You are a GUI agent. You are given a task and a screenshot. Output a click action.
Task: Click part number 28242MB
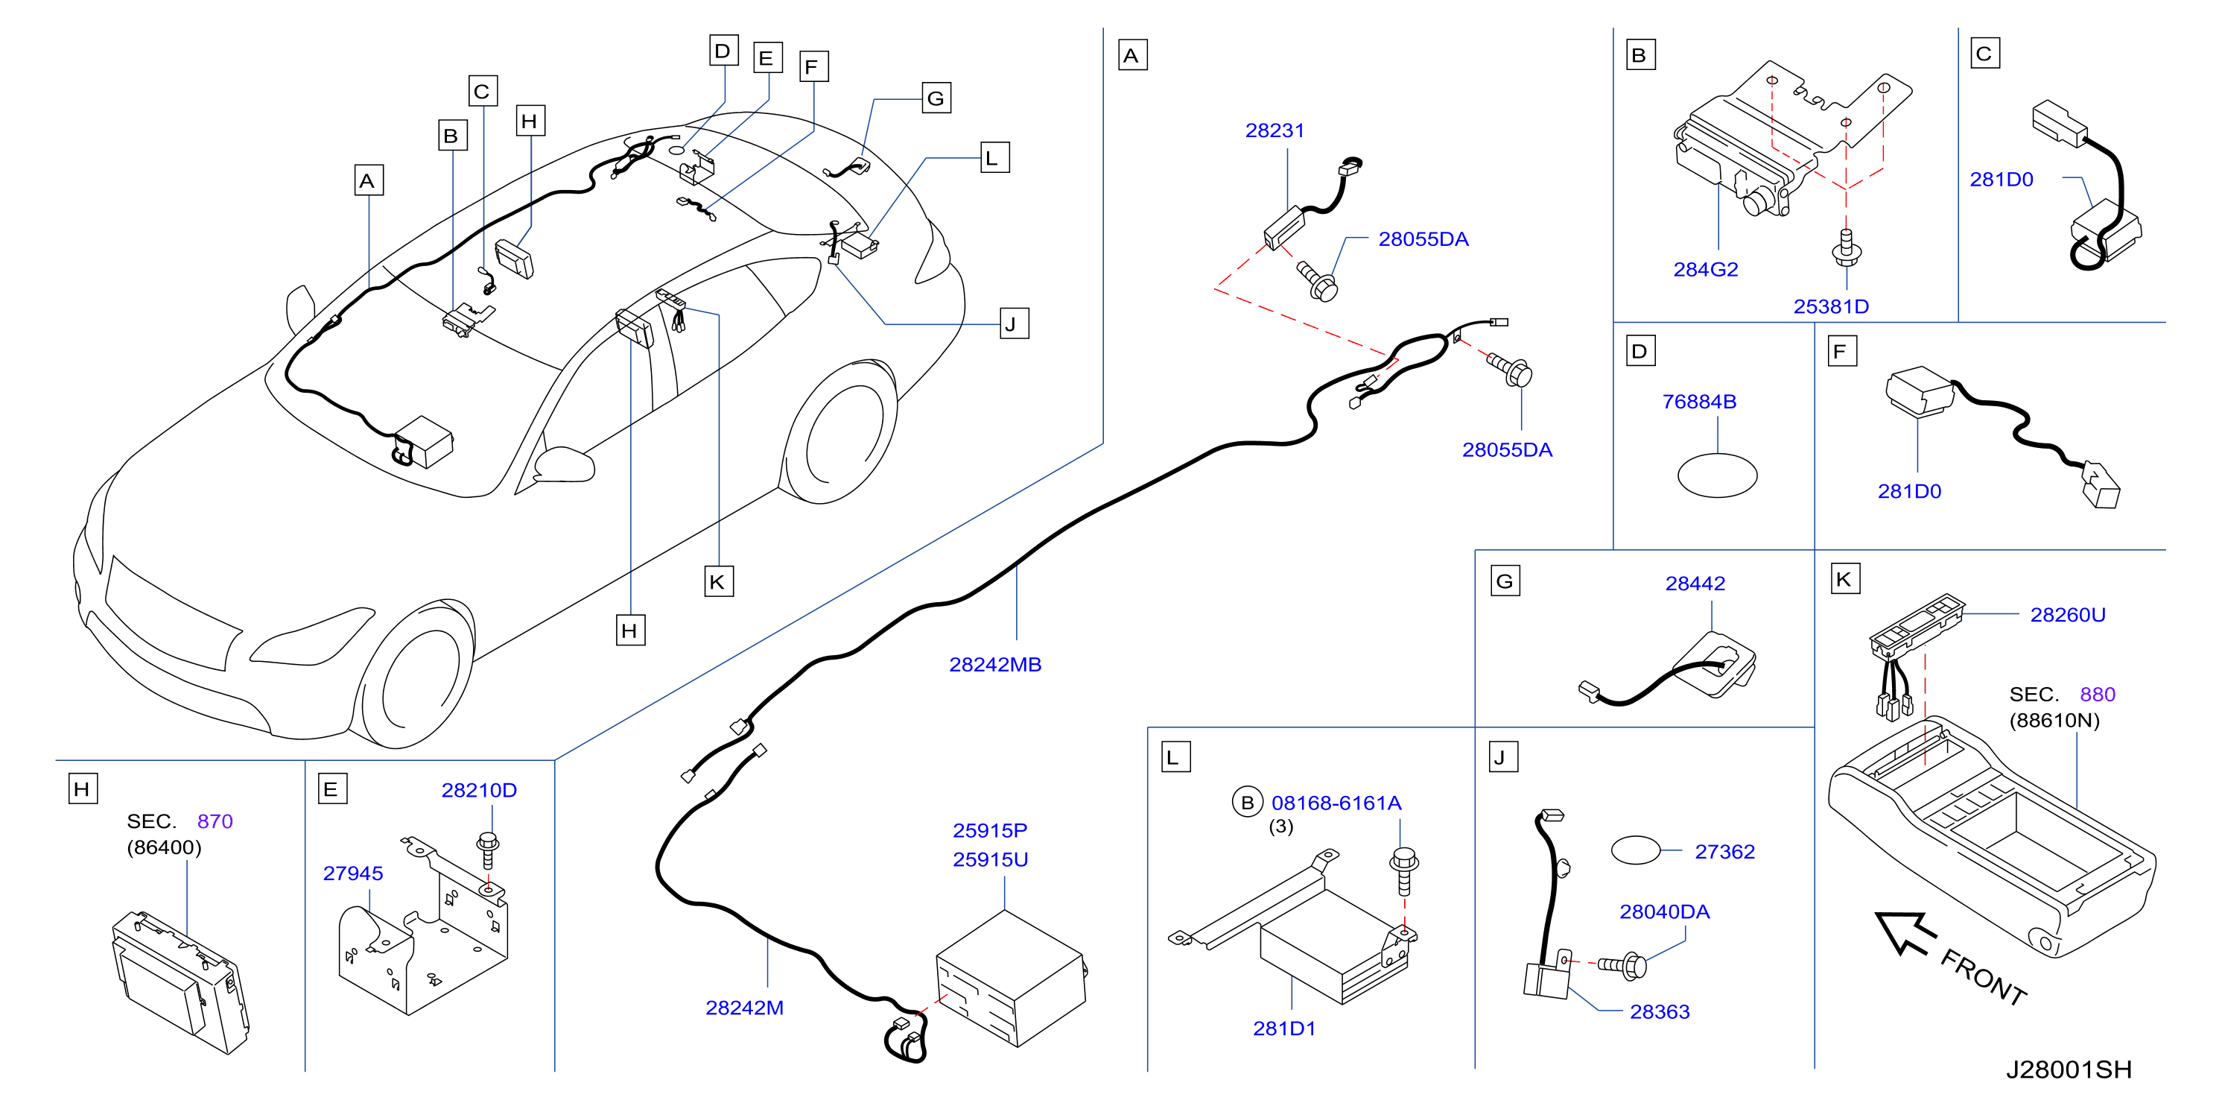(x=994, y=664)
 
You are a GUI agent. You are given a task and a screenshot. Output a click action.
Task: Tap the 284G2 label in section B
(x=1705, y=269)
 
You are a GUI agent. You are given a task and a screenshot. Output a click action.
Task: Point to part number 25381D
(x=1830, y=306)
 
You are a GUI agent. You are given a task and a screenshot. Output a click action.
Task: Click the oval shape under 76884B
(x=1716, y=475)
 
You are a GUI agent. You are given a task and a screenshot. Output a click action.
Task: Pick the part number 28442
(x=1695, y=584)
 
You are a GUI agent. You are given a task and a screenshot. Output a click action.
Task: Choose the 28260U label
(x=2067, y=614)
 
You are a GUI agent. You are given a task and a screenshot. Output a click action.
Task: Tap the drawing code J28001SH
(x=2068, y=1069)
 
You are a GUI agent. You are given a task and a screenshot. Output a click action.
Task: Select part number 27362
(x=1724, y=852)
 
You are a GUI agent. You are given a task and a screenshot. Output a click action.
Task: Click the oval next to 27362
(x=1636, y=850)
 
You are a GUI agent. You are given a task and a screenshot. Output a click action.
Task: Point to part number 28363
(x=1659, y=1011)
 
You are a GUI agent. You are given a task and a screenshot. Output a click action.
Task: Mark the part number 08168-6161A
(x=1336, y=803)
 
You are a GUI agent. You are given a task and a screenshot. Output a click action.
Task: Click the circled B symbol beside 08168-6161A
(x=1246, y=803)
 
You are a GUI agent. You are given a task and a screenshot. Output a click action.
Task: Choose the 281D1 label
(x=1283, y=1028)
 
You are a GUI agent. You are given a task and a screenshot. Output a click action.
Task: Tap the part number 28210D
(x=479, y=790)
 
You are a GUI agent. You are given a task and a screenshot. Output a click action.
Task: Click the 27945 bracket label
(x=353, y=873)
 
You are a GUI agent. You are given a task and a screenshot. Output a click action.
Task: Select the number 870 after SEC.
(x=215, y=821)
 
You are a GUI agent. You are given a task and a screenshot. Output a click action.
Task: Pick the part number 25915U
(x=989, y=859)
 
